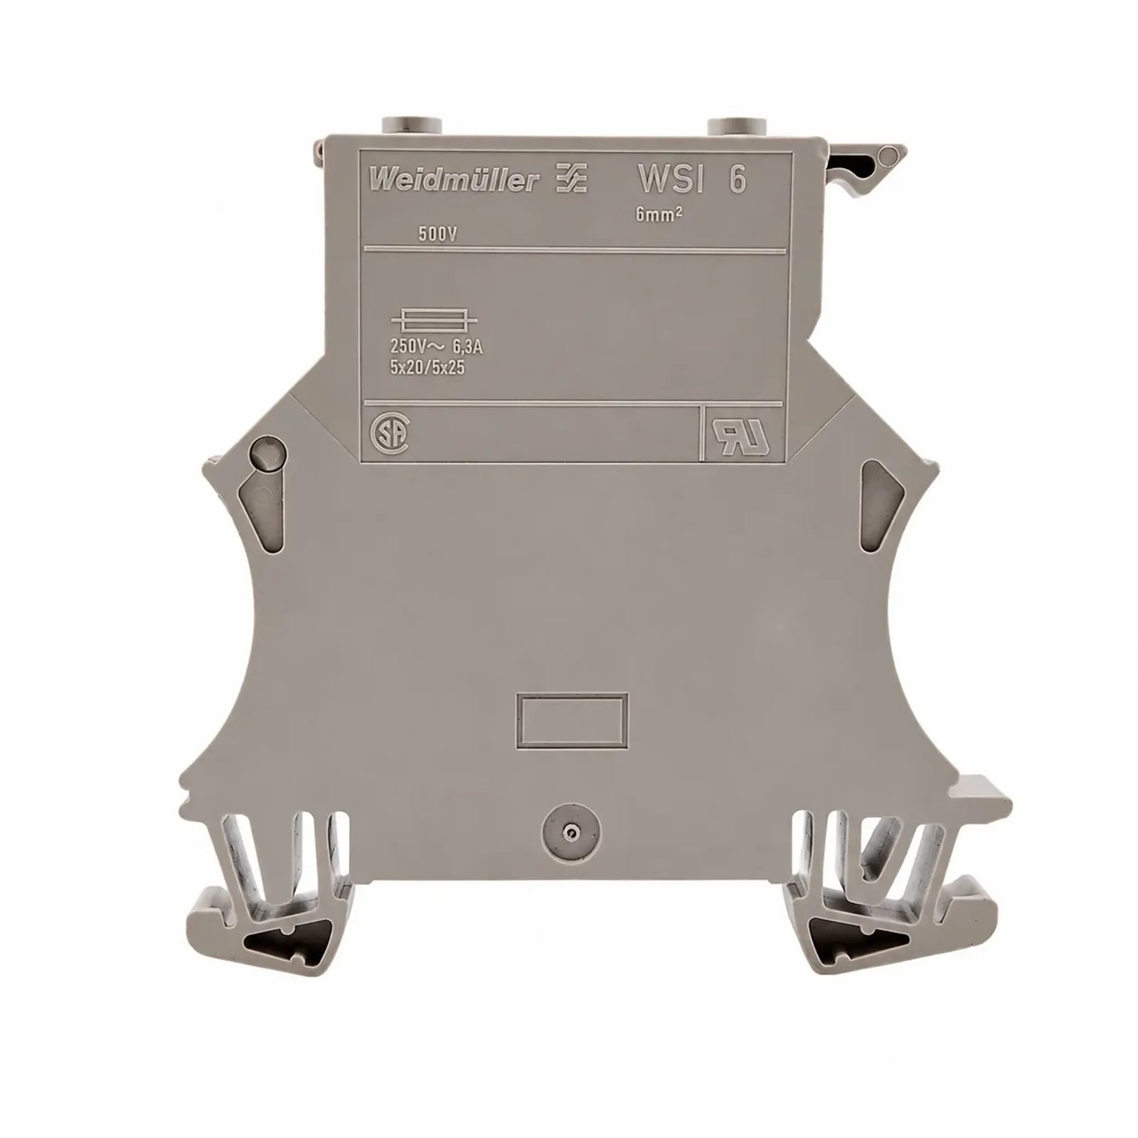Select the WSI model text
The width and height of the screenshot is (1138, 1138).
671,179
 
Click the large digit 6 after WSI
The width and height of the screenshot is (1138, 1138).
738,179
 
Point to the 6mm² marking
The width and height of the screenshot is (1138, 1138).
659,216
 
